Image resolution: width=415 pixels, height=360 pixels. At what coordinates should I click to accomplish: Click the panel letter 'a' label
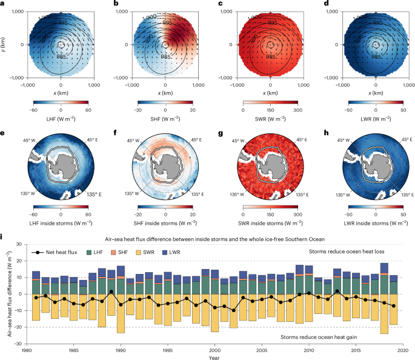(4, 5)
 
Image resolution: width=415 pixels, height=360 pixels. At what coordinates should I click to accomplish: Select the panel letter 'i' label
(3, 231)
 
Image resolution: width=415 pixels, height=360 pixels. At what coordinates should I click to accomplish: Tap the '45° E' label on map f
(194, 141)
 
